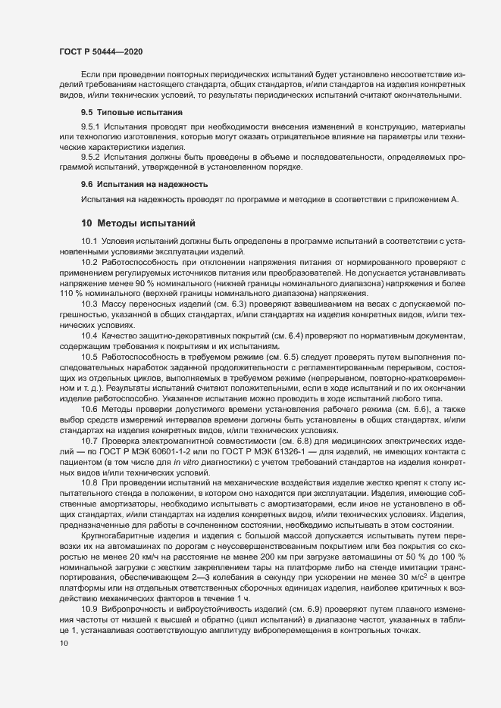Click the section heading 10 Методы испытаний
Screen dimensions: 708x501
[139, 223]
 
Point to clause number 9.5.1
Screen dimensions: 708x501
[91, 126]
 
